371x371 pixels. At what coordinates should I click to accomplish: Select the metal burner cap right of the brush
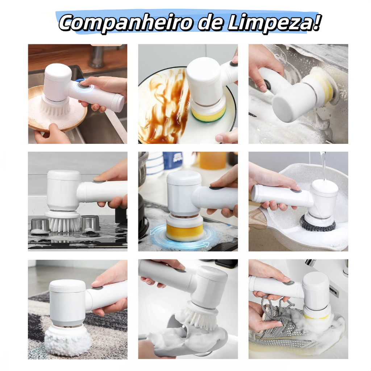(90, 223)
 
